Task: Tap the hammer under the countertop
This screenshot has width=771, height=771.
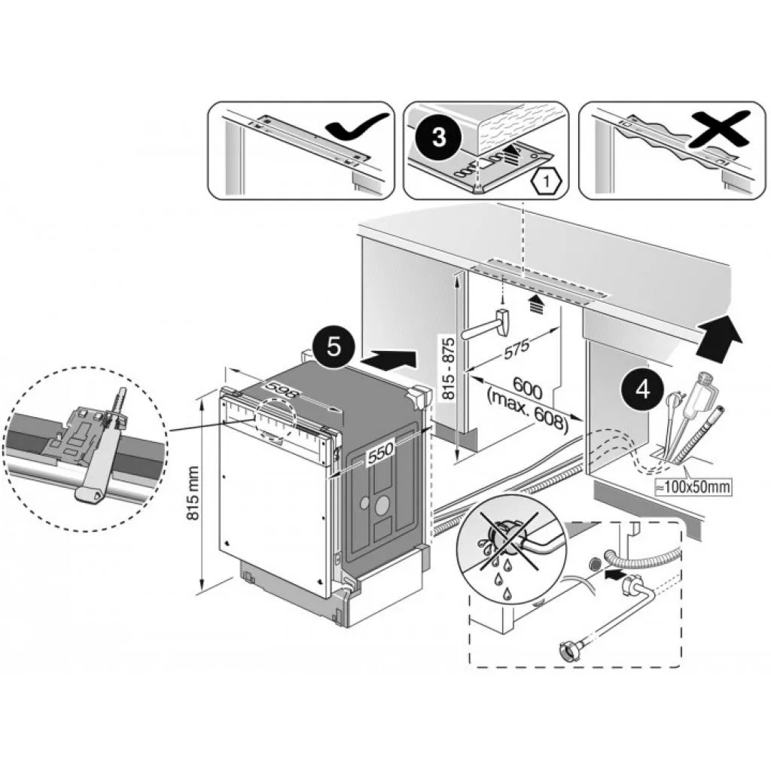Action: [489, 327]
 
